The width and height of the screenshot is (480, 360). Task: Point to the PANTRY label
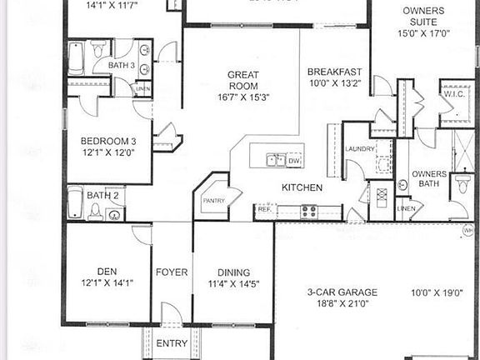pos(209,201)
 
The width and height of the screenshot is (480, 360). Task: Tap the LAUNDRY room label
pos(360,150)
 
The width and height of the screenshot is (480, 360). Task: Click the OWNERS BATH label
pos(430,179)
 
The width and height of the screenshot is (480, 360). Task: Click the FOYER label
pos(172,272)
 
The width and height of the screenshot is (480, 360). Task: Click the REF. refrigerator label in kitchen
pos(265,209)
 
